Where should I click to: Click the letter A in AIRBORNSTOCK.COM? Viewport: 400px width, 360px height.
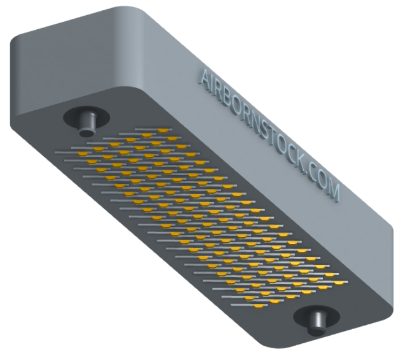(x=205, y=77)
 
